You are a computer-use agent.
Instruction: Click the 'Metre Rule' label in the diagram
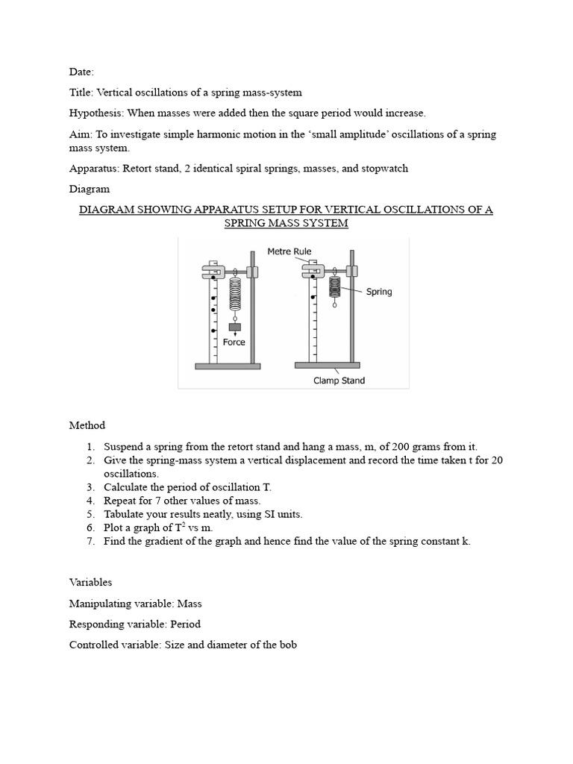click(x=289, y=251)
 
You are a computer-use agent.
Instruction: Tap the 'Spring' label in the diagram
click(x=378, y=292)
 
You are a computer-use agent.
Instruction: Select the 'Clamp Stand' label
click(x=340, y=381)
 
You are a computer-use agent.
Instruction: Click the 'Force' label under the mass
click(x=234, y=342)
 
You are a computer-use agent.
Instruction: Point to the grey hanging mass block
click(x=234, y=327)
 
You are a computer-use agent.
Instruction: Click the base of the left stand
click(x=228, y=366)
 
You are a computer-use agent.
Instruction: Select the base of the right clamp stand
click(x=327, y=366)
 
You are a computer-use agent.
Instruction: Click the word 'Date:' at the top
click(x=81, y=72)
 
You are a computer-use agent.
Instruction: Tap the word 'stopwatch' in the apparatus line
click(x=384, y=169)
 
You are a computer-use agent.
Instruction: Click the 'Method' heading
click(x=87, y=425)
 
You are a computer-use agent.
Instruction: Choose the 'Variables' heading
click(x=90, y=582)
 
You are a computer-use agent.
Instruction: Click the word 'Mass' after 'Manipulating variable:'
click(x=188, y=603)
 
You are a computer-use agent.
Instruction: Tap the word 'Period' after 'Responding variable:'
click(x=185, y=624)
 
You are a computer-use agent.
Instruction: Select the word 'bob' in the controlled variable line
click(x=286, y=645)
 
